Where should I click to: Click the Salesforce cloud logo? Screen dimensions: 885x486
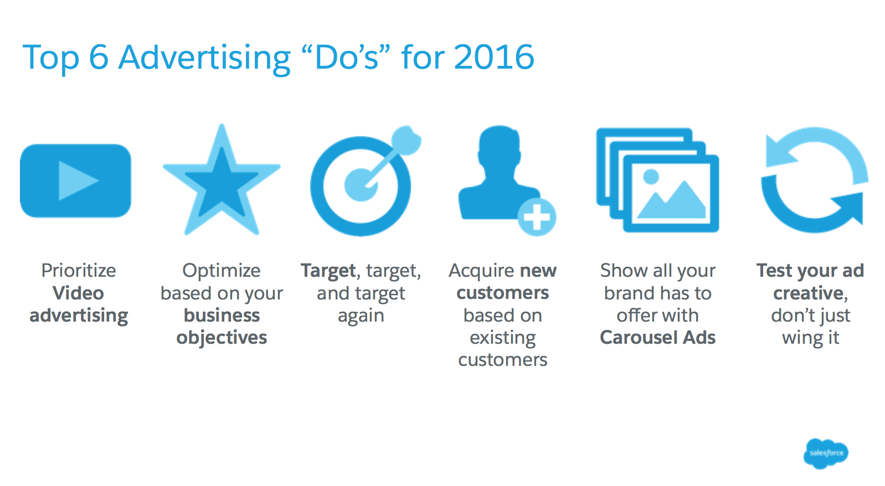826,453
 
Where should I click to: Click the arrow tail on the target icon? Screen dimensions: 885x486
406,140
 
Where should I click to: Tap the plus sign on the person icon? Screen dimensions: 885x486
537,217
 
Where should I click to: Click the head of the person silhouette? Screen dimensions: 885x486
499,148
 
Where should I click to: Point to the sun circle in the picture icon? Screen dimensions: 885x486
651,177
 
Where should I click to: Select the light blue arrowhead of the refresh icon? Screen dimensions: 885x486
781,152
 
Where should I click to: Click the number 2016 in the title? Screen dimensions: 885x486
494,58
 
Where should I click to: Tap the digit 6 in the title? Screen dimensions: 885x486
99,58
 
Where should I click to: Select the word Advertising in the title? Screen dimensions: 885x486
205,59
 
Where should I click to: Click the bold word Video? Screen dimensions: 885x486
78,293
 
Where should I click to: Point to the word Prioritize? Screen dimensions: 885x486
79,271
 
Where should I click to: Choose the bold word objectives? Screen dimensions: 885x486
222,338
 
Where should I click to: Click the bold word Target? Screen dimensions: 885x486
328,271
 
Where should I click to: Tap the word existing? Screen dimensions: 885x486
503,338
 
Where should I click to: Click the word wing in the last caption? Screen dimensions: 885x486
801,339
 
